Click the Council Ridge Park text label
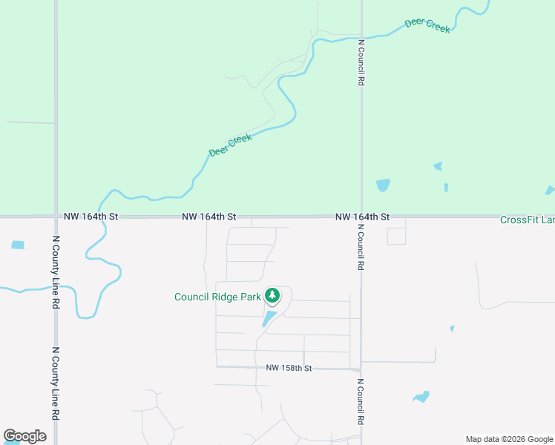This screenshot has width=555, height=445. click(x=217, y=297)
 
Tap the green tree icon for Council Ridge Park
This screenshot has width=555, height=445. click(x=272, y=296)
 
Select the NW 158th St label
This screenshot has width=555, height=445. click(x=289, y=368)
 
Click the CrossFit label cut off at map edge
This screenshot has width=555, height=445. click(x=527, y=220)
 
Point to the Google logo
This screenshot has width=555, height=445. click(x=24, y=436)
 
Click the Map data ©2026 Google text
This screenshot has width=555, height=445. click(x=509, y=439)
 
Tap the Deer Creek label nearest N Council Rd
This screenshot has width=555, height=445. click(x=427, y=25)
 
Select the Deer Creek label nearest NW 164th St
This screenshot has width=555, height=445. click(x=230, y=145)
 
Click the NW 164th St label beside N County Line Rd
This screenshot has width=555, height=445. click(x=91, y=217)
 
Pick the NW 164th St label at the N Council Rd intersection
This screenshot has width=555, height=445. click(x=362, y=217)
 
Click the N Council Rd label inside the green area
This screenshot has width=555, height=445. click(x=361, y=63)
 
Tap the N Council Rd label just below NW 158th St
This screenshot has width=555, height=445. click(x=361, y=401)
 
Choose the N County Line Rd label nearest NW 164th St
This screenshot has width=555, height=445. click(x=56, y=273)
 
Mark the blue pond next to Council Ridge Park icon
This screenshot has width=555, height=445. click(x=269, y=319)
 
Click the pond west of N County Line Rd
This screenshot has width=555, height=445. click(x=18, y=245)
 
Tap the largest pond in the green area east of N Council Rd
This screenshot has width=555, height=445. click(x=383, y=185)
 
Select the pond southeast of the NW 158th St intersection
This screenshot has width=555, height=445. click(x=421, y=397)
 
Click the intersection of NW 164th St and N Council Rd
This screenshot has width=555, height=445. click(x=361, y=217)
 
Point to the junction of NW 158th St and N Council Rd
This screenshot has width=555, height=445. click(x=361, y=369)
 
